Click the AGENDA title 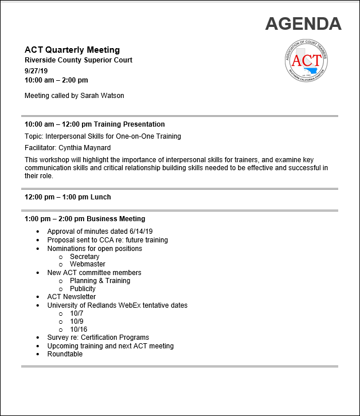[x=303, y=23]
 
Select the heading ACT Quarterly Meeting [x=72, y=50]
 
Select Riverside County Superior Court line [x=78, y=60]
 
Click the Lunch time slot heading [x=68, y=197]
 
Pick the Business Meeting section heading [x=85, y=219]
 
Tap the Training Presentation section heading [x=95, y=124]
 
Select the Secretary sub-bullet [x=84, y=257]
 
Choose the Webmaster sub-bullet [x=87, y=264]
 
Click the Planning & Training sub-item [x=100, y=281]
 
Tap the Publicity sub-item [x=83, y=289]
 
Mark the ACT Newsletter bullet [x=71, y=297]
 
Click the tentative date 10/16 [x=79, y=329]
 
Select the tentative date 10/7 [x=77, y=313]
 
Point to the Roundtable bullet [x=65, y=354]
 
